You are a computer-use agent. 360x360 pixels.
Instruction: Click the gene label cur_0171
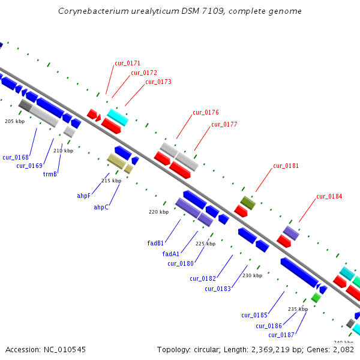[x=127, y=63]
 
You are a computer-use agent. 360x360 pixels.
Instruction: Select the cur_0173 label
[x=158, y=82]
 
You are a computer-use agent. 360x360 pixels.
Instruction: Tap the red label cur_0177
[x=224, y=124]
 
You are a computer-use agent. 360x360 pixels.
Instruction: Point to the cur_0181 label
[x=286, y=166]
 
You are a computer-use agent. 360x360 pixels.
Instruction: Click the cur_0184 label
[x=329, y=196]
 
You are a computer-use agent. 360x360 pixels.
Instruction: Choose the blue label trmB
[x=50, y=174]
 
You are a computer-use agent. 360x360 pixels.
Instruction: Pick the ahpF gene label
[x=83, y=196]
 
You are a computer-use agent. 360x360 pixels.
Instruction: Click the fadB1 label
[x=155, y=243]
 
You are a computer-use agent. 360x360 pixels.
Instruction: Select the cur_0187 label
[x=281, y=335]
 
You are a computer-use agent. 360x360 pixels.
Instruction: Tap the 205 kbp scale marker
[x=14, y=121]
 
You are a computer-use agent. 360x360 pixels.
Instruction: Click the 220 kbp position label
[x=158, y=212]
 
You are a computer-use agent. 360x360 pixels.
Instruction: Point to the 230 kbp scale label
[x=253, y=275]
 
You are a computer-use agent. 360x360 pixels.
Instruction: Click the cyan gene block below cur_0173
[x=118, y=118]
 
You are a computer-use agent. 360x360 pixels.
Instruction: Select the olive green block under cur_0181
[x=248, y=203]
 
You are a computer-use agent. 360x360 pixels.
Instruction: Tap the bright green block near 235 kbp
[x=316, y=298]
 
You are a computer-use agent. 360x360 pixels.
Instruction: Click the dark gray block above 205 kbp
[x=25, y=106]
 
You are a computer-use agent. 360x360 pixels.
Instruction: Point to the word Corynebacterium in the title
[x=93, y=11]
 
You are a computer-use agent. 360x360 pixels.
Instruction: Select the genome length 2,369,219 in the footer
[x=270, y=350]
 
